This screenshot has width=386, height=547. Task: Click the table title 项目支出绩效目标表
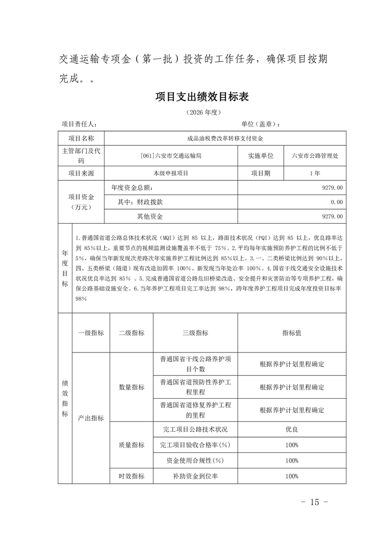click(202, 97)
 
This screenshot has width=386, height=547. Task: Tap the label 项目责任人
click(79, 124)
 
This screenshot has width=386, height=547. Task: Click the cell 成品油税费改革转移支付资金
click(225, 138)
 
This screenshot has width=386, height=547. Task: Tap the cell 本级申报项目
click(170, 173)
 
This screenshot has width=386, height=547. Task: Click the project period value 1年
click(314, 173)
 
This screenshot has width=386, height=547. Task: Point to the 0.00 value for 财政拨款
click(336, 202)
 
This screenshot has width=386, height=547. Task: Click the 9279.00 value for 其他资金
click(332, 216)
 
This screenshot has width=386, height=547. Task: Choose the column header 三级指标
click(195, 332)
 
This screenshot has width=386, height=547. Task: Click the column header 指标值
click(292, 332)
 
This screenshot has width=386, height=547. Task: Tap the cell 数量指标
click(131, 387)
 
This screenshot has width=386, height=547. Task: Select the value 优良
click(292, 430)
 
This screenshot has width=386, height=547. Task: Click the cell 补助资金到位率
click(195, 476)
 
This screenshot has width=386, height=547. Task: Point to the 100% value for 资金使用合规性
click(292, 460)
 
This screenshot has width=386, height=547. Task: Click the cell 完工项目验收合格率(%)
click(195, 445)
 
